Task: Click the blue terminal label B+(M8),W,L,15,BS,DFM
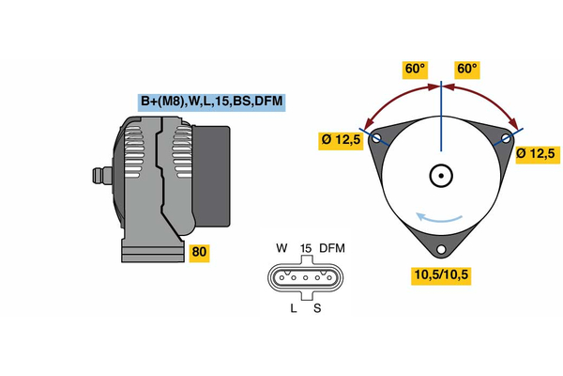point(211,102)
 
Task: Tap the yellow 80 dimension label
point(199,253)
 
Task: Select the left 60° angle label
point(416,70)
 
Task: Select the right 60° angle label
point(466,70)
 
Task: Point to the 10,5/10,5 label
point(440,274)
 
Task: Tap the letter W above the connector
point(281,249)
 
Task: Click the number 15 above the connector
point(305,249)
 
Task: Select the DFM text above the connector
point(333,249)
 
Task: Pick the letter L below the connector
point(293,307)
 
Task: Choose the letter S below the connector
point(316,307)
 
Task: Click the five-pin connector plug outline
point(305,278)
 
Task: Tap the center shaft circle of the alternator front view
point(440,175)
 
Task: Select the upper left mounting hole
point(376,138)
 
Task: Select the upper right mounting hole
point(506,138)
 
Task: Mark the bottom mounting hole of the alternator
point(440,249)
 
